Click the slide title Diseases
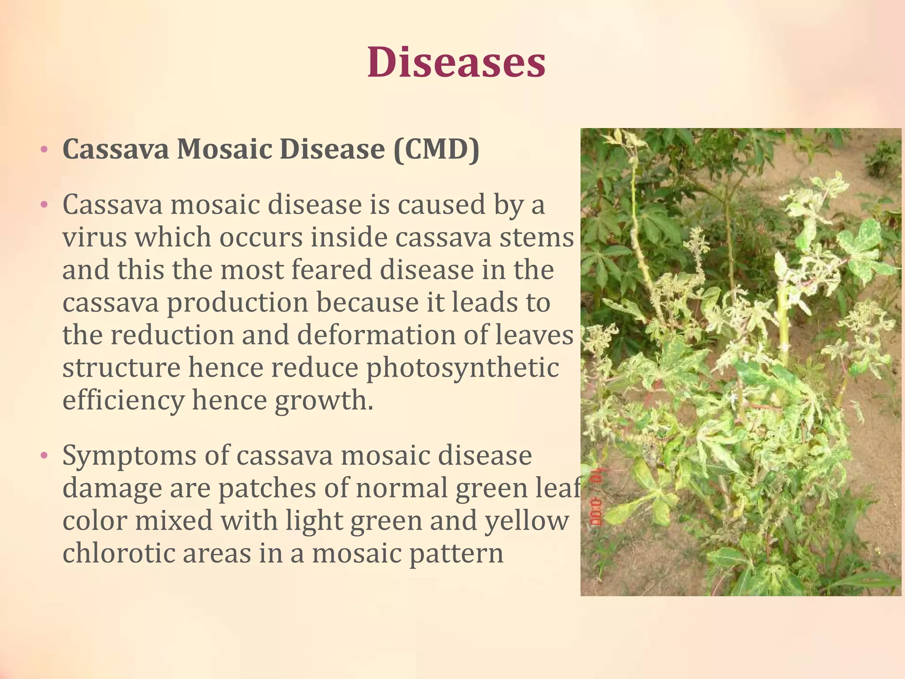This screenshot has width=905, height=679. (456, 62)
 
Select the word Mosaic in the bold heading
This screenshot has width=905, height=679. (224, 149)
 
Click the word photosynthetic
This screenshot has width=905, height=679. (462, 368)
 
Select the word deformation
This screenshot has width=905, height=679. (376, 335)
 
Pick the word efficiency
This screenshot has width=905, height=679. (123, 401)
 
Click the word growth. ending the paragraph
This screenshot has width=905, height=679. (324, 401)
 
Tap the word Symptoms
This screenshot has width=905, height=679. (129, 456)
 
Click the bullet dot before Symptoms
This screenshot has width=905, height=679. (43, 456)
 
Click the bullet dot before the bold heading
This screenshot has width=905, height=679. (43, 149)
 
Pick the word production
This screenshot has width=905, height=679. (237, 303)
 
